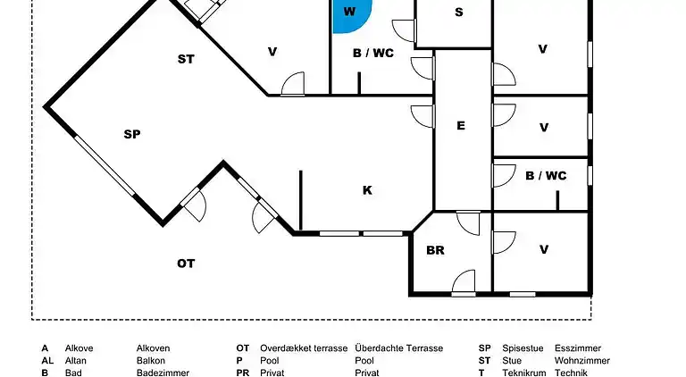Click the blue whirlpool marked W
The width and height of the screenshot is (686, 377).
pyautogui.click(x=349, y=14)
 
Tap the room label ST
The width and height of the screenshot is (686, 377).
pyautogui.click(x=186, y=60)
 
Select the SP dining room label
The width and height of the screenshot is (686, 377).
pyautogui.click(x=132, y=135)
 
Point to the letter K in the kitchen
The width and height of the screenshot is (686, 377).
pyautogui.click(x=367, y=190)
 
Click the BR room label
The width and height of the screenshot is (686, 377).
pyautogui.click(x=435, y=250)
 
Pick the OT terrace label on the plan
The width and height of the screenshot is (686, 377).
pyautogui.click(x=186, y=264)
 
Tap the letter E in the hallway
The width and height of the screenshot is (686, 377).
pyautogui.click(x=461, y=126)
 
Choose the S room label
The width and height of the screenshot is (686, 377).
pyautogui.click(x=459, y=13)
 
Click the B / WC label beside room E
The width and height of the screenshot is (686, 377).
pyautogui.click(x=545, y=176)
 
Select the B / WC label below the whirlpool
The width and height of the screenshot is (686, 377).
pyautogui.click(x=372, y=54)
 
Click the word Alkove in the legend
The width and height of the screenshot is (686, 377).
pyautogui.click(x=79, y=348)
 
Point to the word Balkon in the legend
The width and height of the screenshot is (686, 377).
pyautogui.click(x=152, y=361)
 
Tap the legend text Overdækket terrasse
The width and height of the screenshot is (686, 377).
pyautogui.click(x=304, y=348)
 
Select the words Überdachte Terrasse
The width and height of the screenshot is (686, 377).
pyautogui.click(x=398, y=348)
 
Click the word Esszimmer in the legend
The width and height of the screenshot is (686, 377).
pyautogui.click(x=578, y=348)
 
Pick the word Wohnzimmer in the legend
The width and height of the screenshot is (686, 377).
pyautogui.click(x=582, y=361)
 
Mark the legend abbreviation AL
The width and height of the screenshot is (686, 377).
pyautogui.click(x=47, y=361)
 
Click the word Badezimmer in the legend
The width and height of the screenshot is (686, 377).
pyautogui.click(x=163, y=373)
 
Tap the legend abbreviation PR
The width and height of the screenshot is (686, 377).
pyautogui.click(x=242, y=373)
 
